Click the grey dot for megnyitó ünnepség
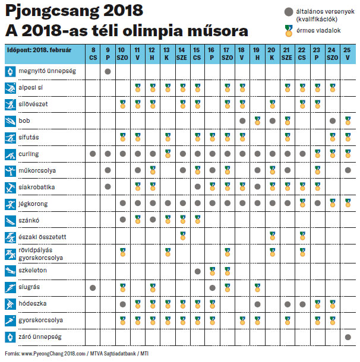tap(108, 72)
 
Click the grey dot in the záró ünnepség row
tap(348, 337)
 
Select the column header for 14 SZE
tap(182, 54)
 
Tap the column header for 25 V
tap(348, 54)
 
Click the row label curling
tap(29, 154)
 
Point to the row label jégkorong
tap(33, 204)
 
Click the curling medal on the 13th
tap(168, 154)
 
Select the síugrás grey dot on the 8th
tap(93, 288)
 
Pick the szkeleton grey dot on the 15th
tap(198, 271)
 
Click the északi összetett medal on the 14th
tap(183, 236)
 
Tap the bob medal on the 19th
tap(257, 120)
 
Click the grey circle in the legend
tap(289, 12)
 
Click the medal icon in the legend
tap(289, 31)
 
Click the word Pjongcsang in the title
tap(52, 11)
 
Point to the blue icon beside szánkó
tap(11, 221)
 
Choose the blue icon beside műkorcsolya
tap(11, 171)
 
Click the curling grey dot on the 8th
tap(93, 154)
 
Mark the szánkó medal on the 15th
tap(198, 220)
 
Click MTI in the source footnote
tap(144, 354)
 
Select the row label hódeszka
tap(33, 304)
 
